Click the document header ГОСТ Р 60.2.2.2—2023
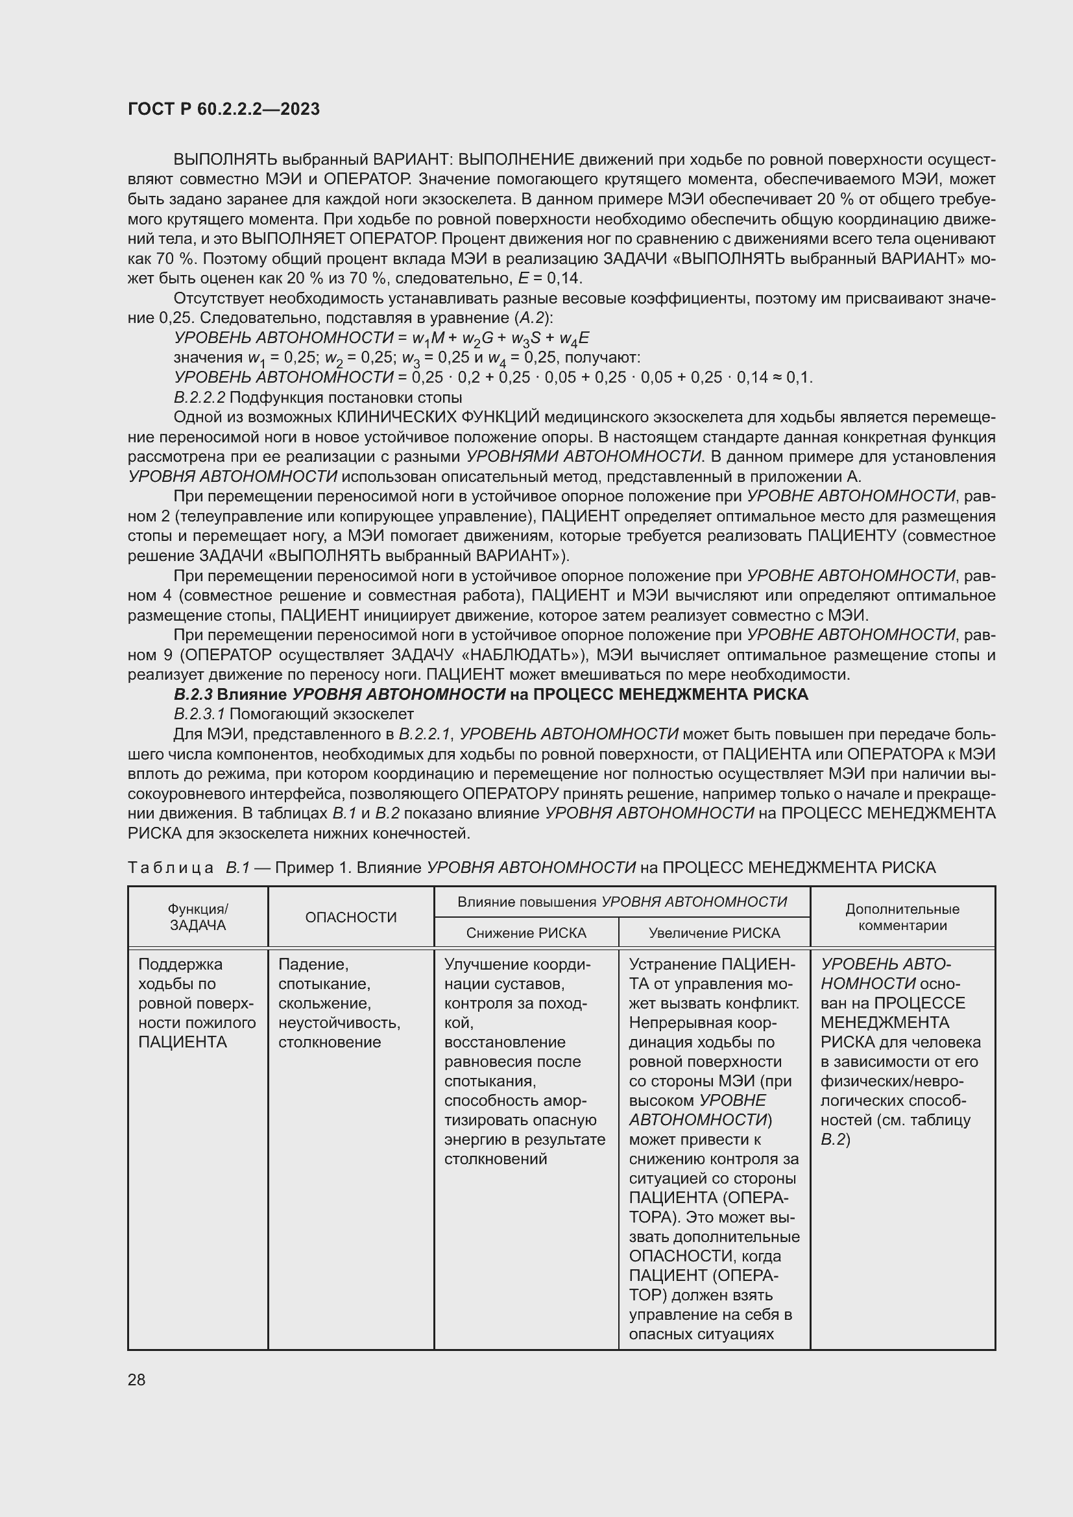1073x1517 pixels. tap(223, 110)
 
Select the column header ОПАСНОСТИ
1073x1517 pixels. tap(350, 917)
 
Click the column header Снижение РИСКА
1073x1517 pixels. tap(526, 933)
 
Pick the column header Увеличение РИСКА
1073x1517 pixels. tap(714, 933)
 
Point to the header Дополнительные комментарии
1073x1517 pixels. tap(902, 917)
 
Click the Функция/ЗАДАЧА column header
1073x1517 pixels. tap(198, 917)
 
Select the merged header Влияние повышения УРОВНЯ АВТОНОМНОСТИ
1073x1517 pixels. tap(621, 902)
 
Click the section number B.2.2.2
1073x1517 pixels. tap(200, 398)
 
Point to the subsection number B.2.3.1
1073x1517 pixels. tap(200, 714)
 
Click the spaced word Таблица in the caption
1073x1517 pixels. tap(171, 868)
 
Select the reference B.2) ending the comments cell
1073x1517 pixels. tap(835, 1139)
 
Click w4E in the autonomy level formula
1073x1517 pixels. tap(573, 339)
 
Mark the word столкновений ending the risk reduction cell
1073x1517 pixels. tap(496, 1159)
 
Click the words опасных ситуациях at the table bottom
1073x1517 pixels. tap(701, 1334)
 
